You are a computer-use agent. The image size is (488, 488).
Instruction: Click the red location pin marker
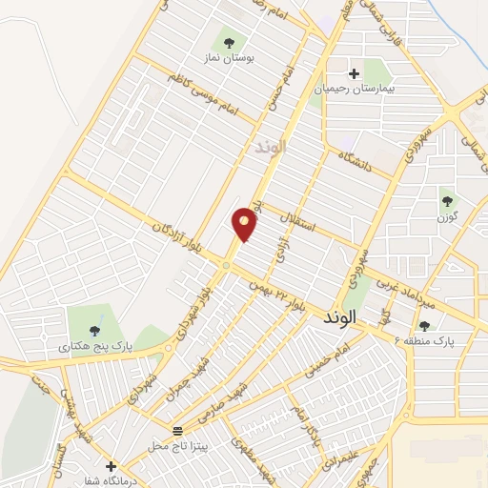[x=245, y=223]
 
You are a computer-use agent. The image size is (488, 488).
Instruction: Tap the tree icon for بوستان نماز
[x=229, y=41]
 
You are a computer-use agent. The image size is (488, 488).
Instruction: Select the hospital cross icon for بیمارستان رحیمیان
[x=354, y=73]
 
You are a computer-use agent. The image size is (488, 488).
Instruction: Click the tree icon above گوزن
[x=447, y=201]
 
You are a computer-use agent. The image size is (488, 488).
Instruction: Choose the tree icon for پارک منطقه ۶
[x=424, y=325]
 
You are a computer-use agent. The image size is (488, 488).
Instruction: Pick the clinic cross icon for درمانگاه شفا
[x=112, y=466]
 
